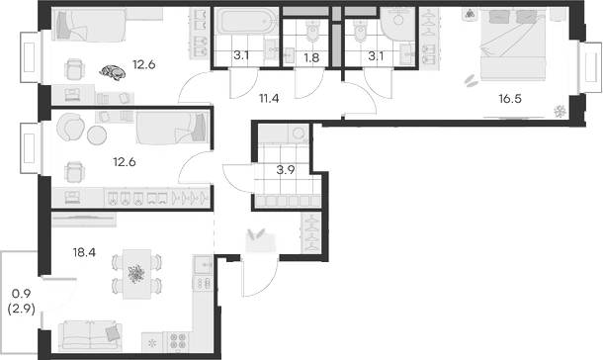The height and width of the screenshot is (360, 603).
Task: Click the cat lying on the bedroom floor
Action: (x=114, y=71)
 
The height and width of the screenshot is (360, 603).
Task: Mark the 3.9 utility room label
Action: (x=286, y=169)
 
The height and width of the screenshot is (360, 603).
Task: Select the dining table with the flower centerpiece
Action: (x=135, y=273)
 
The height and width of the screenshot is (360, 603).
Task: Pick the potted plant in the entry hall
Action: (x=258, y=236)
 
